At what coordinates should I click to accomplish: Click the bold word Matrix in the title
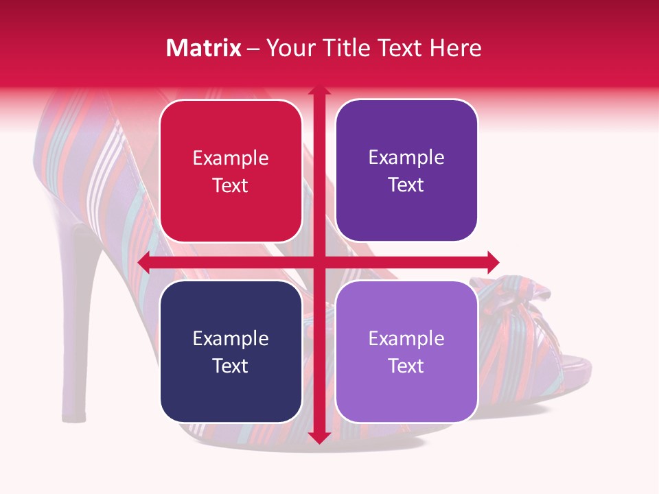click(204, 48)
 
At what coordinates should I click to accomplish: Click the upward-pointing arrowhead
click(319, 91)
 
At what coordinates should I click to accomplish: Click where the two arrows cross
click(319, 262)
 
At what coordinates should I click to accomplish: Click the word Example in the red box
click(231, 158)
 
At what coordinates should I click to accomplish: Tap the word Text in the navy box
click(231, 366)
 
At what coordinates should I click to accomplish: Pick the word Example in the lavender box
click(406, 338)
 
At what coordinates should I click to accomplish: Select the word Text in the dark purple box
click(406, 185)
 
